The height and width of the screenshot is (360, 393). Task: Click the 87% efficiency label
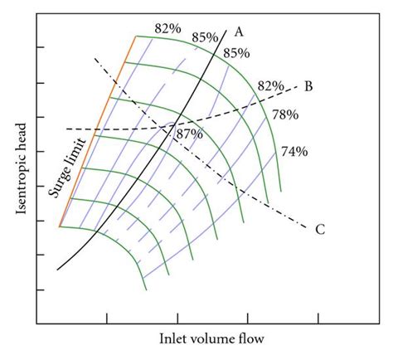[190, 134]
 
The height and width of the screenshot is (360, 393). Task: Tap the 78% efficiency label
[284, 114]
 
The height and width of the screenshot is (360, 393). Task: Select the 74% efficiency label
[294, 151]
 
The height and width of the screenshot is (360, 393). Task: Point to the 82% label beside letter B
[271, 85]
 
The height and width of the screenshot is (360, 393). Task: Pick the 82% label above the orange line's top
[168, 28]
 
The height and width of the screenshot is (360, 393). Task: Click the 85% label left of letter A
[205, 36]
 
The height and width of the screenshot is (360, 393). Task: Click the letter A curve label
[239, 32]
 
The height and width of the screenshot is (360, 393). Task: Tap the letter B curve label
[308, 85]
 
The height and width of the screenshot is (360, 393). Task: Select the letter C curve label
[320, 229]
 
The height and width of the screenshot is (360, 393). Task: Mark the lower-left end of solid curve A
[58, 270]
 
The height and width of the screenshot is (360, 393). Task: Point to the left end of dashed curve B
[67, 129]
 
